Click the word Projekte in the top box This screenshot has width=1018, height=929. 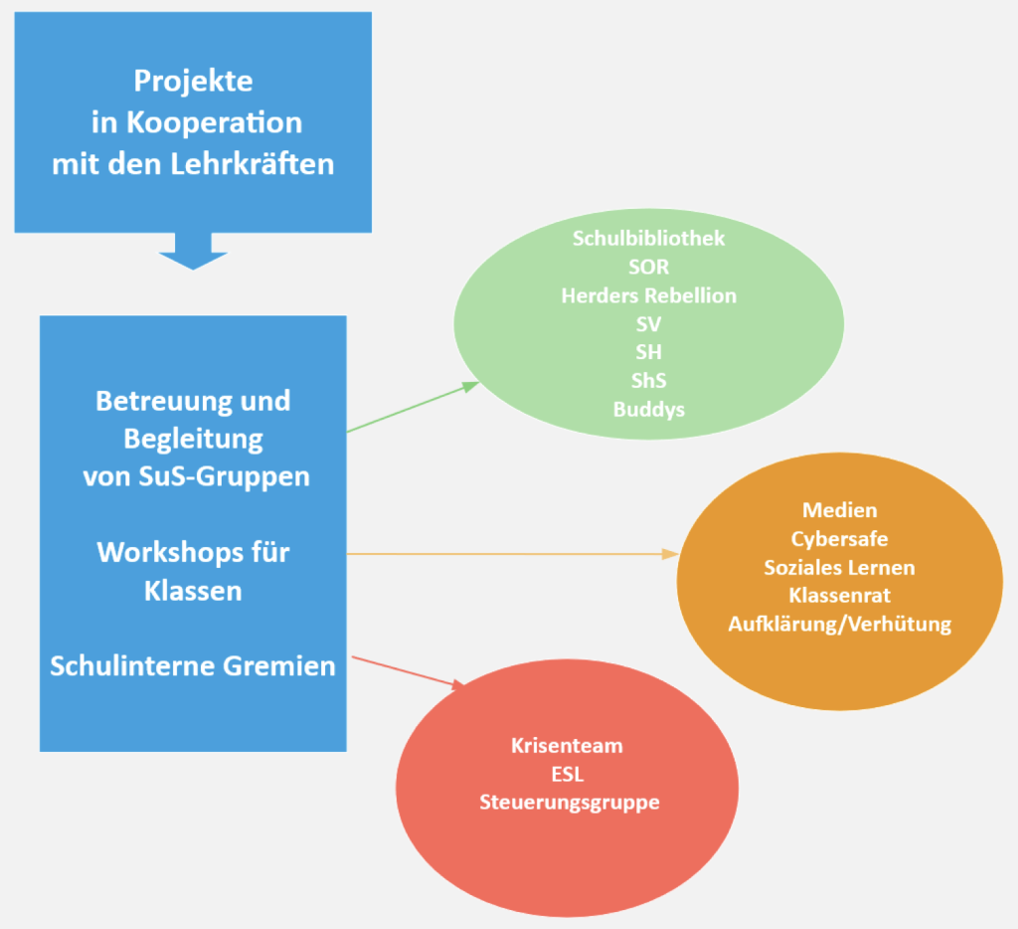[x=193, y=81]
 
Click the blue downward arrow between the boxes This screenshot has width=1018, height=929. [x=193, y=252]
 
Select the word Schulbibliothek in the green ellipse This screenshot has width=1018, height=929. [x=648, y=239]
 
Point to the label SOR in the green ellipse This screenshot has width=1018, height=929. [x=648, y=268]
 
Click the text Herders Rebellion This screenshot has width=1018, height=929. [x=648, y=295]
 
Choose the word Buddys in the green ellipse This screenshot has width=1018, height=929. [x=648, y=409]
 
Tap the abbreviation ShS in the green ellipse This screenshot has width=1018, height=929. [x=648, y=381]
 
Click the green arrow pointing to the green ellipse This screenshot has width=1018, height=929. [x=413, y=408]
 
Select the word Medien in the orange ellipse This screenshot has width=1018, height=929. [x=839, y=510]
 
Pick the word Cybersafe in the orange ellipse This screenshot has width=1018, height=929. [x=839, y=539]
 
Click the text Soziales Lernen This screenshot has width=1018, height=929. [x=839, y=568]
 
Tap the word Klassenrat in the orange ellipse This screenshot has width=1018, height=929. [x=839, y=596]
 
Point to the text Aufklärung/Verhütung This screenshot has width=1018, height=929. [x=839, y=625]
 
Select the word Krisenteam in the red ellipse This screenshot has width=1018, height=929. [x=567, y=745]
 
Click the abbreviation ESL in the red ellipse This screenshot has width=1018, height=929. [x=567, y=774]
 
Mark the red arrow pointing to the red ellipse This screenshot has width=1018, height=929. [x=408, y=671]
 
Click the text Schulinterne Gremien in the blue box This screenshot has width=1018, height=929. [x=193, y=665]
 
